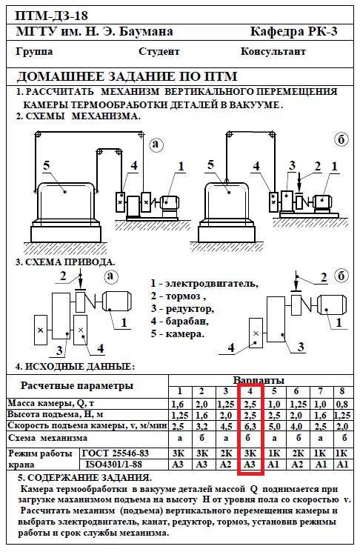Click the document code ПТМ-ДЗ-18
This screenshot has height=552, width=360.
click(x=51, y=16)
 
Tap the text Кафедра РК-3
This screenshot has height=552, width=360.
click(x=293, y=32)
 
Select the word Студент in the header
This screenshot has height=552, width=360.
click(x=159, y=52)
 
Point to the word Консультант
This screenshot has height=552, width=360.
click(x=273, y=51)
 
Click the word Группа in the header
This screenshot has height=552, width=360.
click(x=35, y=52)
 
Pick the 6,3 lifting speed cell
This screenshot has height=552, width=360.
click(x=250, y=426)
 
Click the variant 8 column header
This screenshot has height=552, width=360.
click(x=341, y=391)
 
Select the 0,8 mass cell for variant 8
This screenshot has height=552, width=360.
click(x=342, y=404)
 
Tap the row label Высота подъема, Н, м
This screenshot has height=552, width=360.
click(x=56, y=414)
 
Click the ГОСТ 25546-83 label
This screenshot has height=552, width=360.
click(x=116, y=453)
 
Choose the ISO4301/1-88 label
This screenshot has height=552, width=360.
click(x=113, y=465)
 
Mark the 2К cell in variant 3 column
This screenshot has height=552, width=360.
click(x=226, y=453)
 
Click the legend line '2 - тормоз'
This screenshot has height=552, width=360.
click(x=178, y=296)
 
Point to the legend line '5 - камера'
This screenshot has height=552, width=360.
click(x=177, y=333)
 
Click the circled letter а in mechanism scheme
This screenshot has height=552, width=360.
click(x=156, y=144)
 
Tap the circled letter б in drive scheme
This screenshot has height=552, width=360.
click(x=341, y=276)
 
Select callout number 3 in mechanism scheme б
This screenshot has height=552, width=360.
click(x=292, y=165)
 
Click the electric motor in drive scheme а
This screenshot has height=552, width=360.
click(x=117, y=302)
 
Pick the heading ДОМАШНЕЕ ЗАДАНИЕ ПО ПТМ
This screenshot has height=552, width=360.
click(x=127, y=76)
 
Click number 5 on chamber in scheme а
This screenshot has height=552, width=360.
click(x=47, y=165)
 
